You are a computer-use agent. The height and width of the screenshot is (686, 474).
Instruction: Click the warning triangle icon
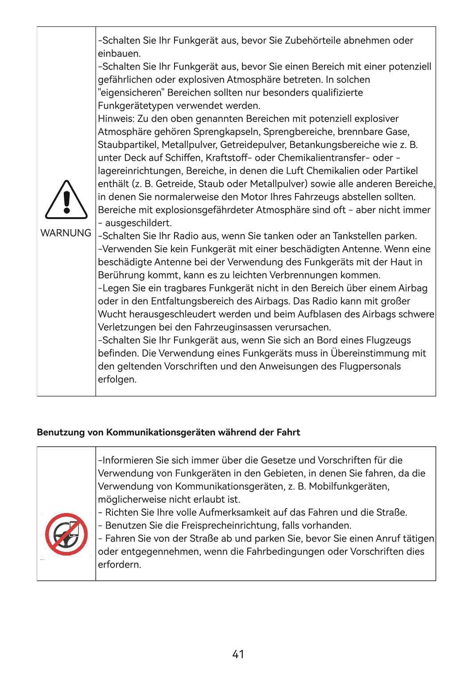coord(66,200)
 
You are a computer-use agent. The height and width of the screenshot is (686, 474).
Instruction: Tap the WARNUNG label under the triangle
coord(66,233)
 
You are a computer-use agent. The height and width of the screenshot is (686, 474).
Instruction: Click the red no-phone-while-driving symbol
coord(66,534)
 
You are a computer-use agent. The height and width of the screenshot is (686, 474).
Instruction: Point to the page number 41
coord(238,654)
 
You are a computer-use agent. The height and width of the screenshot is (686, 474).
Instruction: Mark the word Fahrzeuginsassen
coord(238,327)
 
